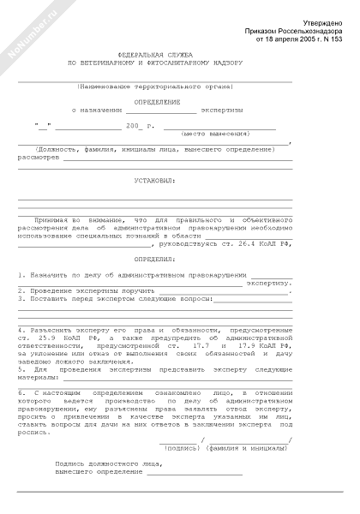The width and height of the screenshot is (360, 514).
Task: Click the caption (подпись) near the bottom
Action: (x=179, y=447)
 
